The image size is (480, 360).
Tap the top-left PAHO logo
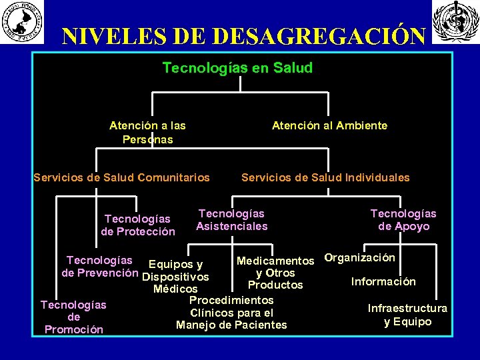point(23,22)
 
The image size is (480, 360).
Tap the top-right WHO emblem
point(456,22)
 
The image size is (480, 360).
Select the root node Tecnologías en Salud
point(237,68)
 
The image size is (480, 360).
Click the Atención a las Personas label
point(147,132)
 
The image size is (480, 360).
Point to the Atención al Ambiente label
point(329,125)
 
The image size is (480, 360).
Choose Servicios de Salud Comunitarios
point(122,177)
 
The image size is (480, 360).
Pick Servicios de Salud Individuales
point(325,177)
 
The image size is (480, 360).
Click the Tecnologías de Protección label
point(137,225)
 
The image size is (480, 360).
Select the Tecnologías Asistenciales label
point(231,220)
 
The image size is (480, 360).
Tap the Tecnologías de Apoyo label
point(403,220)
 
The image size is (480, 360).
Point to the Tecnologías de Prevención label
point(99,267)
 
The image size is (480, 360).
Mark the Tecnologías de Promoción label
point(73,317)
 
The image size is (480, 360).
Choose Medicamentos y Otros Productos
point(275,273)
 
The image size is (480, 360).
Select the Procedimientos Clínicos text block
point(231,313)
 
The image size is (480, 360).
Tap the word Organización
point(359,257)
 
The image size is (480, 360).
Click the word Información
point(383,281)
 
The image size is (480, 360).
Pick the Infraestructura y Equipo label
point(407,315)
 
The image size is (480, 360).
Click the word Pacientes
point(259,325)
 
